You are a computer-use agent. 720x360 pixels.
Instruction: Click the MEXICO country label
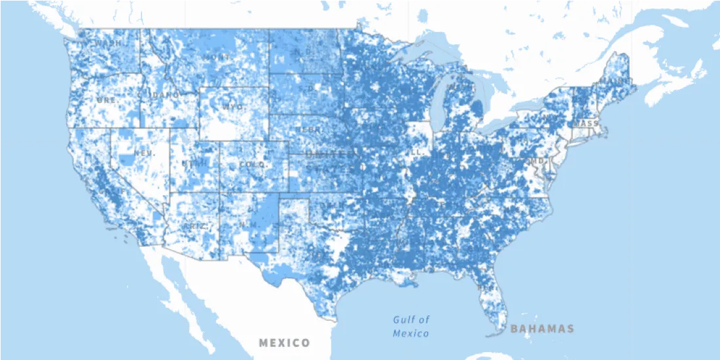[284, 343]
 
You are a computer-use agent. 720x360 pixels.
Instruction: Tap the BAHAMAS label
[542, 329]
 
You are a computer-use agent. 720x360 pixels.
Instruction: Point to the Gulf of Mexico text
[411, 327]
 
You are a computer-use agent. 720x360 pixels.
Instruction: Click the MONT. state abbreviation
[217, 58]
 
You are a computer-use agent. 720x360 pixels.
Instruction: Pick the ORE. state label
[106, 100]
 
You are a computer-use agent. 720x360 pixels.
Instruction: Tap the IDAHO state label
[165, 96]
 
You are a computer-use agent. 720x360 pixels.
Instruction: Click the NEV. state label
[144, 153]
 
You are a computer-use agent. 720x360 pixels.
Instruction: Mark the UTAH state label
[194, 163]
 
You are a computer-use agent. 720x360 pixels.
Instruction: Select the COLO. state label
[253, 165]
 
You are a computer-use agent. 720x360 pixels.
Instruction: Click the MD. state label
[537, 161]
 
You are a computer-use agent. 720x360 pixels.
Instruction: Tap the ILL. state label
[416, 152]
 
